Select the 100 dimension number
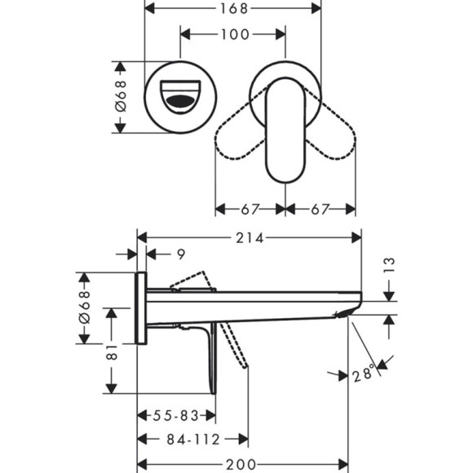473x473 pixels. click(x=233, y=34)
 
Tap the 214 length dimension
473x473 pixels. click(x=250, y=238)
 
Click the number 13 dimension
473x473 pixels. click(x=389, y=265)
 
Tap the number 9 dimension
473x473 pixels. click(x=181, y=254)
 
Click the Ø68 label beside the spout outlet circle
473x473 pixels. click(x=120, y=97)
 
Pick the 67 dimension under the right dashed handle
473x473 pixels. click(x=320, y=209)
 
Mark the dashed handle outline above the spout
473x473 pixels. click(x=192, y=281)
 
